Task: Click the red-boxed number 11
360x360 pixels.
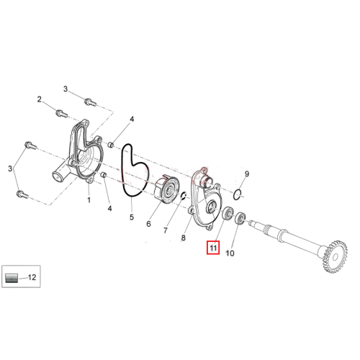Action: tap(213, 248)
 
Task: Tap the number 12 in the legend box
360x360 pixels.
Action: tap(32, 277)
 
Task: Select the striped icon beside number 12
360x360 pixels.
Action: tap(12, 278)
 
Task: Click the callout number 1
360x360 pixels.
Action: tap(89, 199)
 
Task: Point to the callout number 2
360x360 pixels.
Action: tap(40, 99)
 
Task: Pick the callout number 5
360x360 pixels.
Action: tap(132, 217)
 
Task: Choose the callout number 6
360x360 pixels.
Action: tap(148, 224)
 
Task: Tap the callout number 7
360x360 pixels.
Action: tap(165, 230)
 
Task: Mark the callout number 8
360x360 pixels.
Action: tap(184, 238)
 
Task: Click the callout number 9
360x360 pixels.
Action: tap(247, 174)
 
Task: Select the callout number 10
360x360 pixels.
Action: tap(230, 253)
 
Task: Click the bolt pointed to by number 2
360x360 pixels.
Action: tap(62, 114)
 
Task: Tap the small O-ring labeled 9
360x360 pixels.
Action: tap(237, 194)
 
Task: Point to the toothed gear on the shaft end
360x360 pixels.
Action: tap(336, 257)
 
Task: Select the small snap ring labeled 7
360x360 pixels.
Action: tap(184, 196)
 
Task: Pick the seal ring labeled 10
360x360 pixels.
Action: tap(240, 218)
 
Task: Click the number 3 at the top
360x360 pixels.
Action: tap(66, 89)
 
